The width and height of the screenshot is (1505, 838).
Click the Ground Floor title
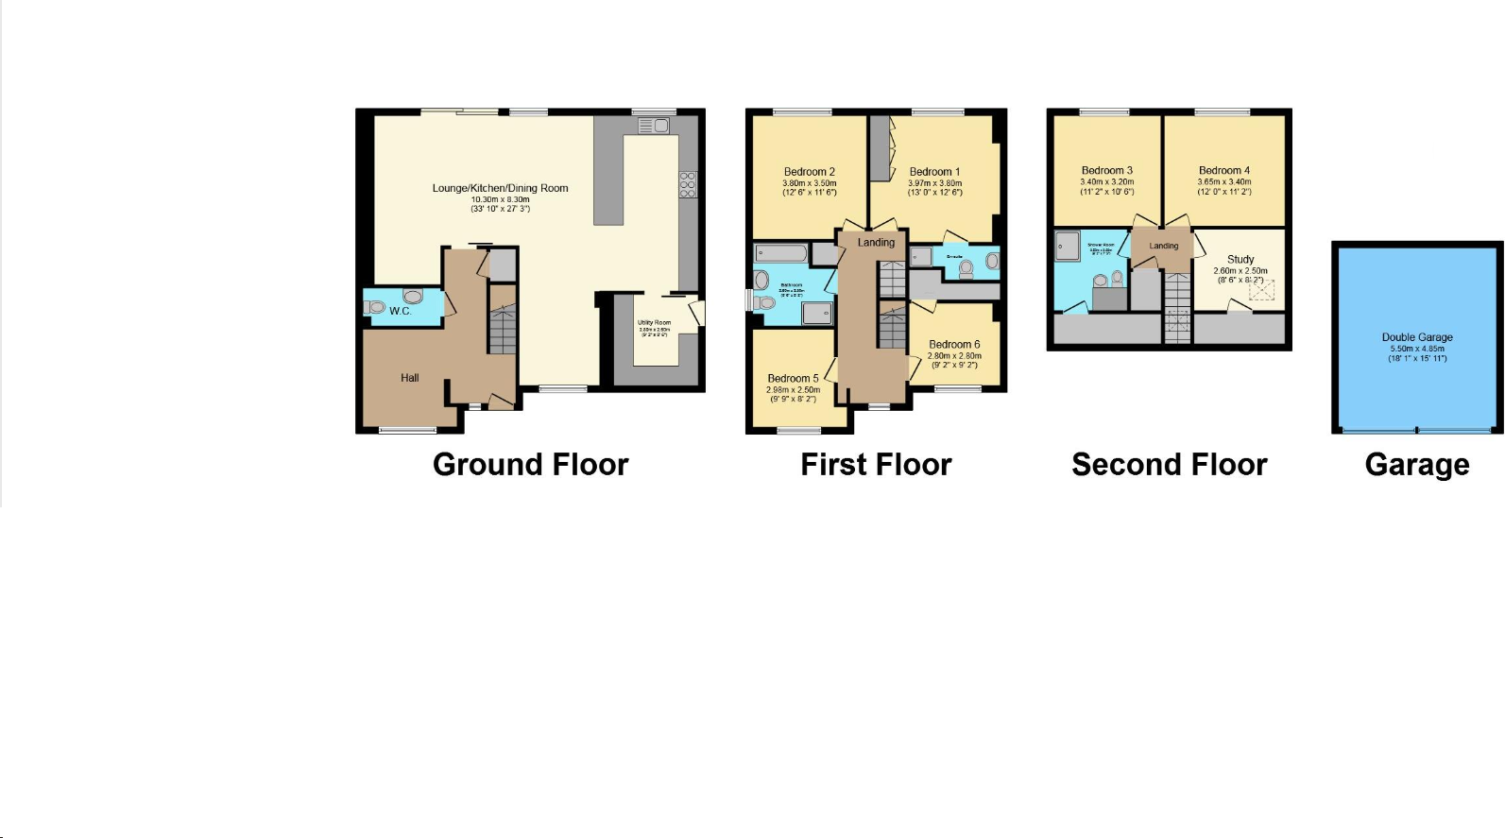click(530, 465)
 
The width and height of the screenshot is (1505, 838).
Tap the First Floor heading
click(876, 465)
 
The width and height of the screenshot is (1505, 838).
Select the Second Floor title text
click(1169, 465)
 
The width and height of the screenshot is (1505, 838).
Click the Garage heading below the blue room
click(1416, 465)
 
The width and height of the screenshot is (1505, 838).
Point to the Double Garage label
click(1416, 337)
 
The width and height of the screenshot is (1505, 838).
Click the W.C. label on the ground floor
click(400, 311)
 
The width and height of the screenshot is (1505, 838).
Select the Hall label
click(409, 378)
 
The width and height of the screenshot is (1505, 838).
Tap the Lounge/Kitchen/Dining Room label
click(500, 188)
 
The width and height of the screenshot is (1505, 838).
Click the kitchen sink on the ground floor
click(653, 126)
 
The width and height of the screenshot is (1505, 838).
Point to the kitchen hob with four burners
click(687, 184)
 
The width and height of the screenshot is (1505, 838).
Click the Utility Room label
click(654, 323)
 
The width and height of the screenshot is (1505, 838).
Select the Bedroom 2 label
click(809, 172)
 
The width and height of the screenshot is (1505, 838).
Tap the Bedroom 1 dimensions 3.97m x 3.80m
click(934, 183)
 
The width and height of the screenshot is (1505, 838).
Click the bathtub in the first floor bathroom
click(780, 253)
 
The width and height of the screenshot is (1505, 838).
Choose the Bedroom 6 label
click(954, 345)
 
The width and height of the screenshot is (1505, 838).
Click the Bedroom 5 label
click(793, 379)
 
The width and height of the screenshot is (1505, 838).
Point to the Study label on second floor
click(1240, 259)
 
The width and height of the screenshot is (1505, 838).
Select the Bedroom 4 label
click(1223, 171)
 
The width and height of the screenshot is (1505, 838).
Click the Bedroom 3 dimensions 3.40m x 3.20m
click(1106, 181)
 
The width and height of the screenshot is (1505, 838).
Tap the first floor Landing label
click(876, 243)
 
